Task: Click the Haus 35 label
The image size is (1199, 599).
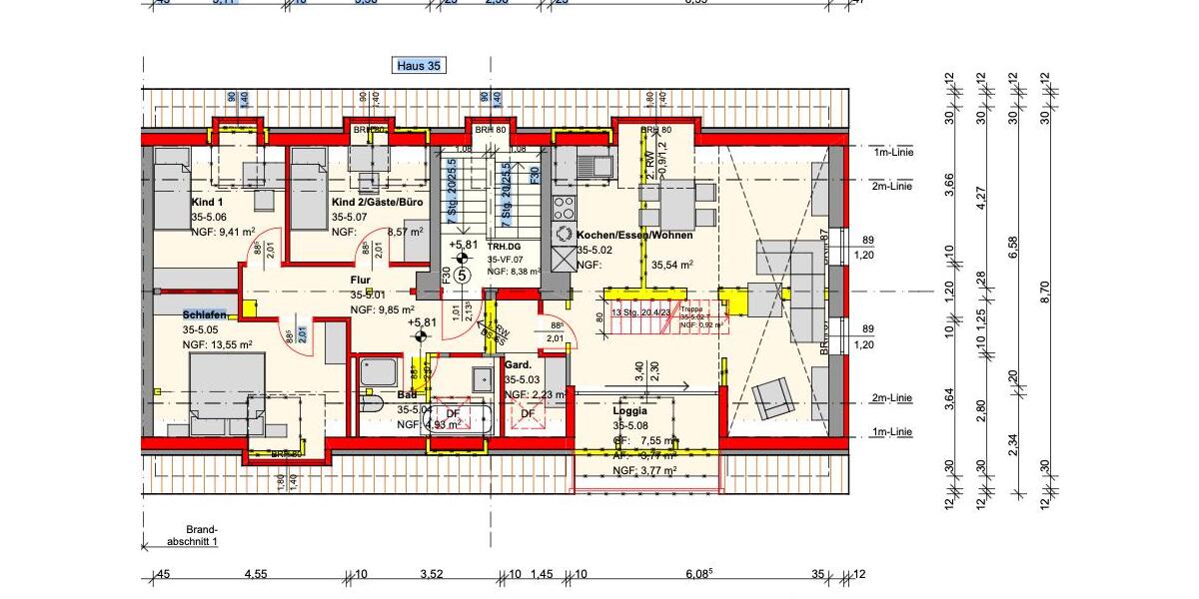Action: click(x=419, y=66)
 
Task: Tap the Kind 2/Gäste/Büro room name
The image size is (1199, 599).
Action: click(x=377, y=201)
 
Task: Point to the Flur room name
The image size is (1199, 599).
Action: click(x=361, y=281)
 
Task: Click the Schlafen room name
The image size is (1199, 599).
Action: click(x=205, y=314)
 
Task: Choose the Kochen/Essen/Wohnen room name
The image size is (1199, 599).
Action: click(x=634, y=236)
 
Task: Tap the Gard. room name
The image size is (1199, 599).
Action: click(x=517, y=365)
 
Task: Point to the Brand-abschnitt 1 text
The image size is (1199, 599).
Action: click(x=202, y=535)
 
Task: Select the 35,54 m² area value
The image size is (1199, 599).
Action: click(x=671, y=266)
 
